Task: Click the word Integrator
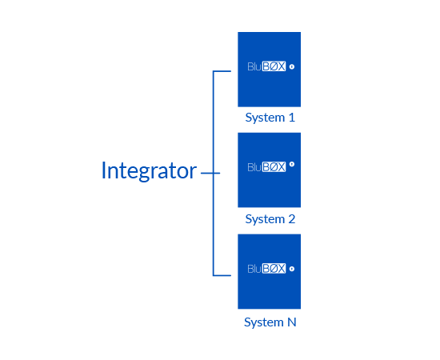coord(149,170)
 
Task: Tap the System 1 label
coord(270,118)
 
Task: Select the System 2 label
coord(270,219)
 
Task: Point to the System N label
coord(270,322)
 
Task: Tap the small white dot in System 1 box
coord(292,66)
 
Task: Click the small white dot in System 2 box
coord(292,164)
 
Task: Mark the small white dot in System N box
coord(292,269)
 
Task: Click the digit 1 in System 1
coord(292,118)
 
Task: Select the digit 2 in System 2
coord(292,219)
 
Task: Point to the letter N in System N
coord(292,322)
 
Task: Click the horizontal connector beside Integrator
coord(210,173)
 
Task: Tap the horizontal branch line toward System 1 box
coord(222,71)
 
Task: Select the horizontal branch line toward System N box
coord(222,275)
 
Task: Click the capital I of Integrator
coord(103,170)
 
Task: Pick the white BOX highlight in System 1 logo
coord(274,66)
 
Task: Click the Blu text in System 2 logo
coord(254,167)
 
